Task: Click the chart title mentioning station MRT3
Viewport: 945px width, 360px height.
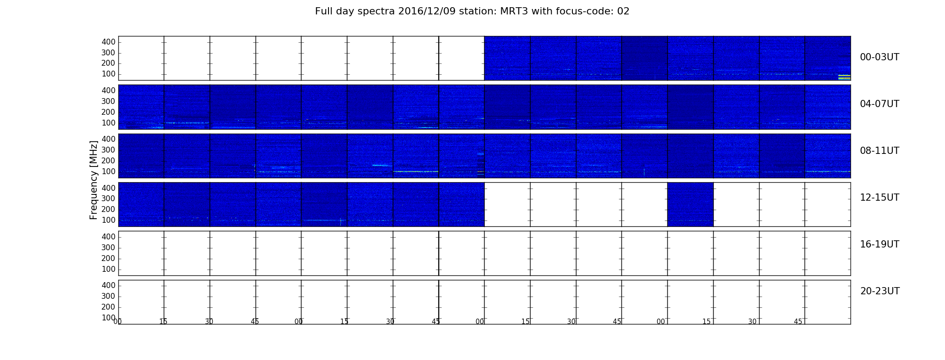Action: click(x=472, y=11)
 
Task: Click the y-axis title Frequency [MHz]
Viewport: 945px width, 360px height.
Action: click(x=94, y=180)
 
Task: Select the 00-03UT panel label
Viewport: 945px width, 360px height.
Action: click(x=880, y=57)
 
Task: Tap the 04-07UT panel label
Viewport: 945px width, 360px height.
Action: click(x=880, y=104)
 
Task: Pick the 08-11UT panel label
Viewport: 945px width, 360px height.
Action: click(x=880, y=151)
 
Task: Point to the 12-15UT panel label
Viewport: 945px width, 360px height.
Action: click(x=880, y=198)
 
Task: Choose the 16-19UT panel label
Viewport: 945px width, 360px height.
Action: click(x=880, y=244)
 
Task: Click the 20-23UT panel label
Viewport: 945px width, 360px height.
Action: click(x=880, y=291)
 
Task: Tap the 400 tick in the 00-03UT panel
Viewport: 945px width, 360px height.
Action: click(x=108, y=42)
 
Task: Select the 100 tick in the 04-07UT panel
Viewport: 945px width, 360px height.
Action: click(x=108, y=123)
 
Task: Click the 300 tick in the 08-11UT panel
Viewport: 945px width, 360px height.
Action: click(x=108, y=150)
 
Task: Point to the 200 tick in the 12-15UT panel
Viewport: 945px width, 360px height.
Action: click(x=108, y=209)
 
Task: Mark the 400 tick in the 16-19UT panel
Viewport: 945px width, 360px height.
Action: click(x=108, y=237)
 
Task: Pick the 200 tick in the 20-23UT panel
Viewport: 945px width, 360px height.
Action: click(x=108, y=307)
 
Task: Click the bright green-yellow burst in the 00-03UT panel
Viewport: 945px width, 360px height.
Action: click(x=844, y=77)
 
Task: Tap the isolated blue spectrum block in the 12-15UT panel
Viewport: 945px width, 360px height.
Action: click(x=690, y=204)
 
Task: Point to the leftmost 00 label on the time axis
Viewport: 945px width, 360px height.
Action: click(x=117, y=321)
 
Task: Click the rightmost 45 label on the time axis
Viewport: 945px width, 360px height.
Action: click(x=798, y=321)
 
